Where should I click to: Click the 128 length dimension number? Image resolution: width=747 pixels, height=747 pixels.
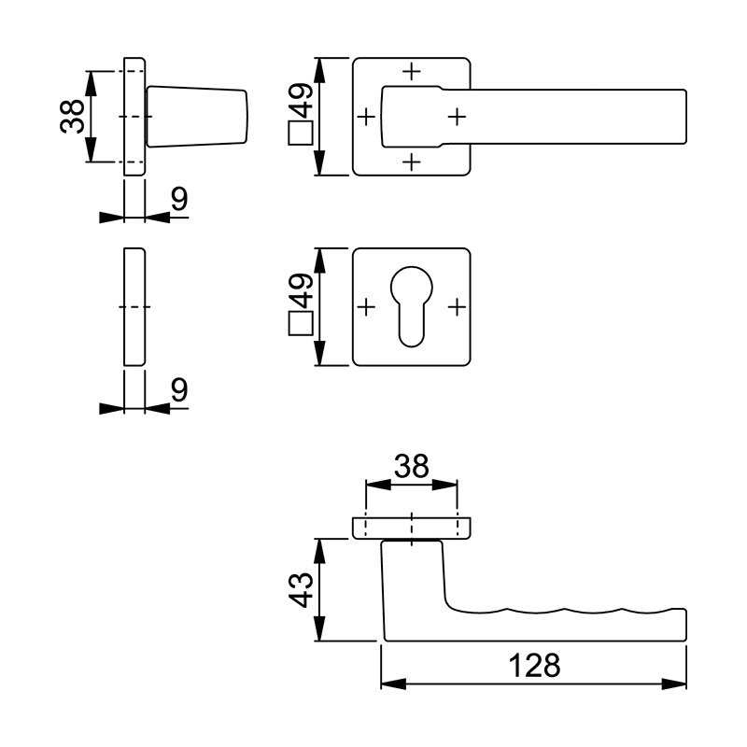[x=534, y=665]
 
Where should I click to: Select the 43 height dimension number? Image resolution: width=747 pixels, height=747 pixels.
[x=302, y=590]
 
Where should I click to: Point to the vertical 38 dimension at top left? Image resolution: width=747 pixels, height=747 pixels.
[x=72, y=116]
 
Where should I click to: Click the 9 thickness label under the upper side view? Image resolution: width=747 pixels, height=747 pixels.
[x=179, y=199]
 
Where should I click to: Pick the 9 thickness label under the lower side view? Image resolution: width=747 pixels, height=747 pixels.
[x=179, y=389]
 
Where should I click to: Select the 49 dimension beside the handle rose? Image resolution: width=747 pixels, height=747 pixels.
[x=302, y=101]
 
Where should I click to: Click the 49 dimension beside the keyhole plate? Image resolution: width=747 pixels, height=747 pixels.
[x=302, y=290]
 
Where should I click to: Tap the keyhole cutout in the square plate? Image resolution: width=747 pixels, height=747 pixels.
[x=412, y=306]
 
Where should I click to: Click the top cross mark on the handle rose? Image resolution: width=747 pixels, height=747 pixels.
[x=412, y=72]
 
